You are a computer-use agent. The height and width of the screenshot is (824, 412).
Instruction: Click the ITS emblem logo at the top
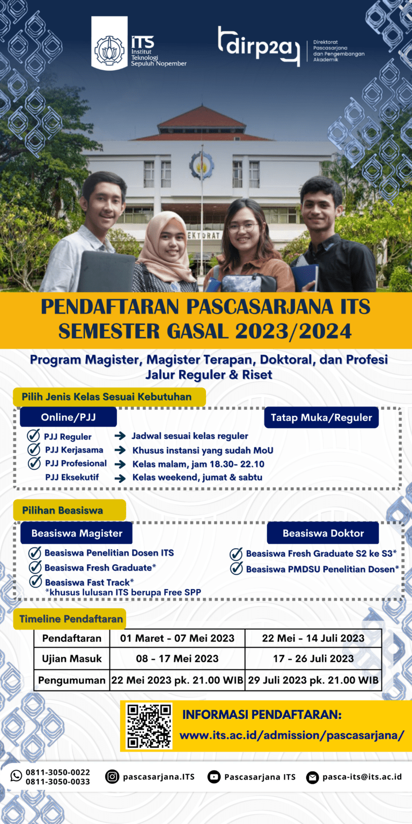(x=109, y=49)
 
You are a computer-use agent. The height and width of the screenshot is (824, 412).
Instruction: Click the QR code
(x=149, y=726)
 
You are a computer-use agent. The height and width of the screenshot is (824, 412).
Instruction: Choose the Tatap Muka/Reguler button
(x=321, y=417)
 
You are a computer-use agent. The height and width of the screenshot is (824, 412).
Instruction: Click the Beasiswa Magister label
(x=77, y=533)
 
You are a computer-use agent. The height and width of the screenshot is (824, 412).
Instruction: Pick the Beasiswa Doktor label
(x=323, y=533)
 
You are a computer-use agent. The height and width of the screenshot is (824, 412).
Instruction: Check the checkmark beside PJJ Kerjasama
(x=34, y=450)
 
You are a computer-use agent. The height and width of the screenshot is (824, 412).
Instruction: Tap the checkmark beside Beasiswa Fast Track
(x=36, y=581)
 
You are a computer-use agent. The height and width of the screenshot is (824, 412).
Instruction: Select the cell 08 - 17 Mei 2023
(x=177, y=659)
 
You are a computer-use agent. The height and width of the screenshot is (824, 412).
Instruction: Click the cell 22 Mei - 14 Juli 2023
(x=313, y=638)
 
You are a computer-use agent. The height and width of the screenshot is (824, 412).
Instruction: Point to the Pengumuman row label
(x=72, y=680)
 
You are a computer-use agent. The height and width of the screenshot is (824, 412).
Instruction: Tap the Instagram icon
(x=112, y=776)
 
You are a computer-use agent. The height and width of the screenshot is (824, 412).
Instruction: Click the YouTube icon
(x=214, y=777)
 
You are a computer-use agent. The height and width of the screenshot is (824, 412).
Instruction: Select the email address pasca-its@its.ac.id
(x=362, y=777)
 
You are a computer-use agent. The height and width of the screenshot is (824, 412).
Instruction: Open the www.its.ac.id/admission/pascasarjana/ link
(x=292, y=735)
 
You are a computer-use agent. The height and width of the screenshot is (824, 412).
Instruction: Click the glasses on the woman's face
(x=242, y=227)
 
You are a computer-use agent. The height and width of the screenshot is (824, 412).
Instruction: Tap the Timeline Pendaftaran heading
(x=71, y=619)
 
